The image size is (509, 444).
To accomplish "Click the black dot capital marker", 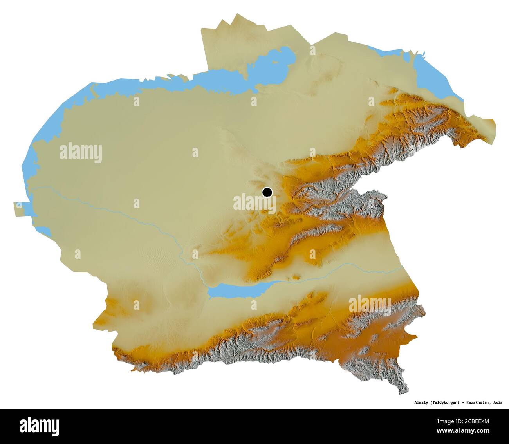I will [x=267, y=192].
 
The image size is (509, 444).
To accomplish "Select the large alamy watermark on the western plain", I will [x=81, y=152].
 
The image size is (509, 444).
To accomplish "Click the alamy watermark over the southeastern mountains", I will [x=370, y=305].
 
